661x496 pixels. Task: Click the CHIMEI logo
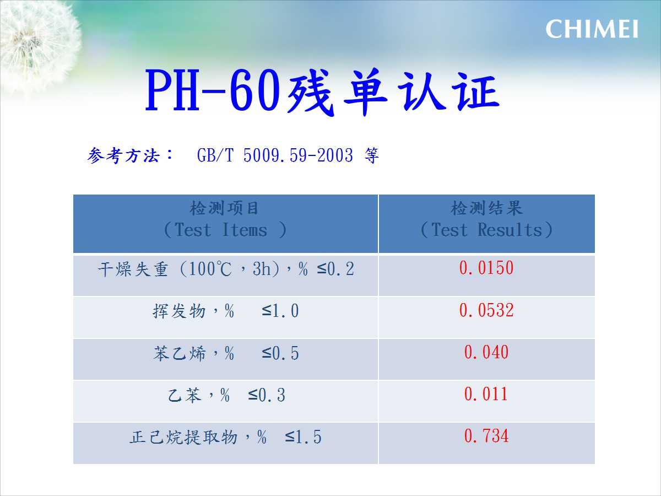[x=592, y=29]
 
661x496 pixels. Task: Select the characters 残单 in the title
[x=337, y=91]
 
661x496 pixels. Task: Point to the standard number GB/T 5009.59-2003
[x=275, y=155]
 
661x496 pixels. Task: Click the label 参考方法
[x=123, y=155]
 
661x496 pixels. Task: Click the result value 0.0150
[x=486, y=268]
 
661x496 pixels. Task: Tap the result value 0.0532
[x=486, y=310]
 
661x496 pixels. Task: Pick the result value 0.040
[x=486, y=352]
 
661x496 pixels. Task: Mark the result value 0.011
[x=486, y=394]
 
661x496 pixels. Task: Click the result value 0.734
[x=486, y=436]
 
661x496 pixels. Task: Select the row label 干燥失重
[x=133, y=269]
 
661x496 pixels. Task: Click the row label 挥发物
[x=179, y=311]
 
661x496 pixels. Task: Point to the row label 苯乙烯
[x=180, y=353]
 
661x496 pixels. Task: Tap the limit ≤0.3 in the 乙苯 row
[x=267, y=395]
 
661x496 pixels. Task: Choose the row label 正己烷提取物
[x=183, y=437]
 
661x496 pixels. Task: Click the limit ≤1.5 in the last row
[x=304, y=437]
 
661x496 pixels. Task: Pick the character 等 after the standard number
[x=372, y=155]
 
